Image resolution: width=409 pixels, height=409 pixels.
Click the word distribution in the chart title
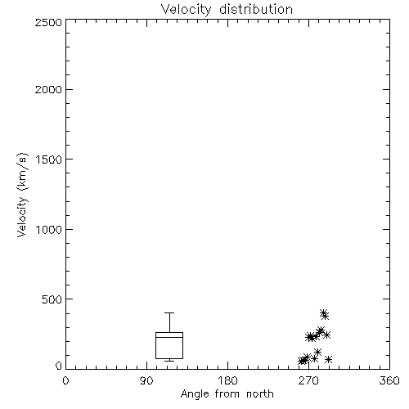click(256, 10)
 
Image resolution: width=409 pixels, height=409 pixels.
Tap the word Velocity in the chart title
click(187, 10)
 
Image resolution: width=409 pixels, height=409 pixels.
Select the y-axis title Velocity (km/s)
click(22, 195)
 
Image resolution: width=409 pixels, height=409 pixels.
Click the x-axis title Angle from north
click(227, 394)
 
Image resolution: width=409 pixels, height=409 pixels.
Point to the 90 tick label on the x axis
click(146, 380)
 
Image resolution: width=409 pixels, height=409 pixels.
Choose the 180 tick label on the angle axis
click(227, 380)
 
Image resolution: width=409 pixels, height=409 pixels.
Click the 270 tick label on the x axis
click(308, 380)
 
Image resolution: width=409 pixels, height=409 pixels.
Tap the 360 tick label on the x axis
click(389, 380)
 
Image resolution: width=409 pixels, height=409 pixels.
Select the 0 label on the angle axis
click(65, 380)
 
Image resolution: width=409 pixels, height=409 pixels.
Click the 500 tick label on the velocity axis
click(52, 299)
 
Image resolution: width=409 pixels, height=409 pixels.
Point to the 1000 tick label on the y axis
click(49, 230)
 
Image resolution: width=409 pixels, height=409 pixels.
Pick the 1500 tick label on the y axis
click(49, 160)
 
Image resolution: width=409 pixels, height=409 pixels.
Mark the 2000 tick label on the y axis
click(49, 90)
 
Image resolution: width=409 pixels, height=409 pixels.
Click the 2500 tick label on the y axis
click(49, 22)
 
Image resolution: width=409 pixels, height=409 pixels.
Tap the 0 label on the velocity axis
click(59, 366)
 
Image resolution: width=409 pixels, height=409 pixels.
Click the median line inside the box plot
click(169, 337)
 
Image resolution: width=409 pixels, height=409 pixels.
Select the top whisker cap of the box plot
click(169, 312)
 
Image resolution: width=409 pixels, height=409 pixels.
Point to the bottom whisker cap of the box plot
click(169, 361)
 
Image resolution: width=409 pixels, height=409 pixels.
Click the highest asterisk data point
click(323, 313)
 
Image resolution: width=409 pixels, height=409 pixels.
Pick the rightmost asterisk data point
click(328, 359)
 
